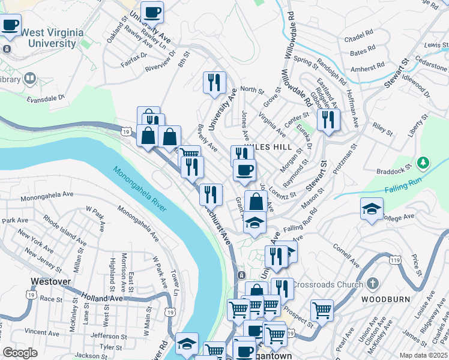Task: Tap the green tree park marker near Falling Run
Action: (x=424, y=163)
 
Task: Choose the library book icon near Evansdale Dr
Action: (x=29, y=79)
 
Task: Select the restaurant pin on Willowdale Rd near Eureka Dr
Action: (x=328, y=119)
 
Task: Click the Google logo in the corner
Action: (x=20, y=353)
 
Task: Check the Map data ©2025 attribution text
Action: (x=423, y=355)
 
